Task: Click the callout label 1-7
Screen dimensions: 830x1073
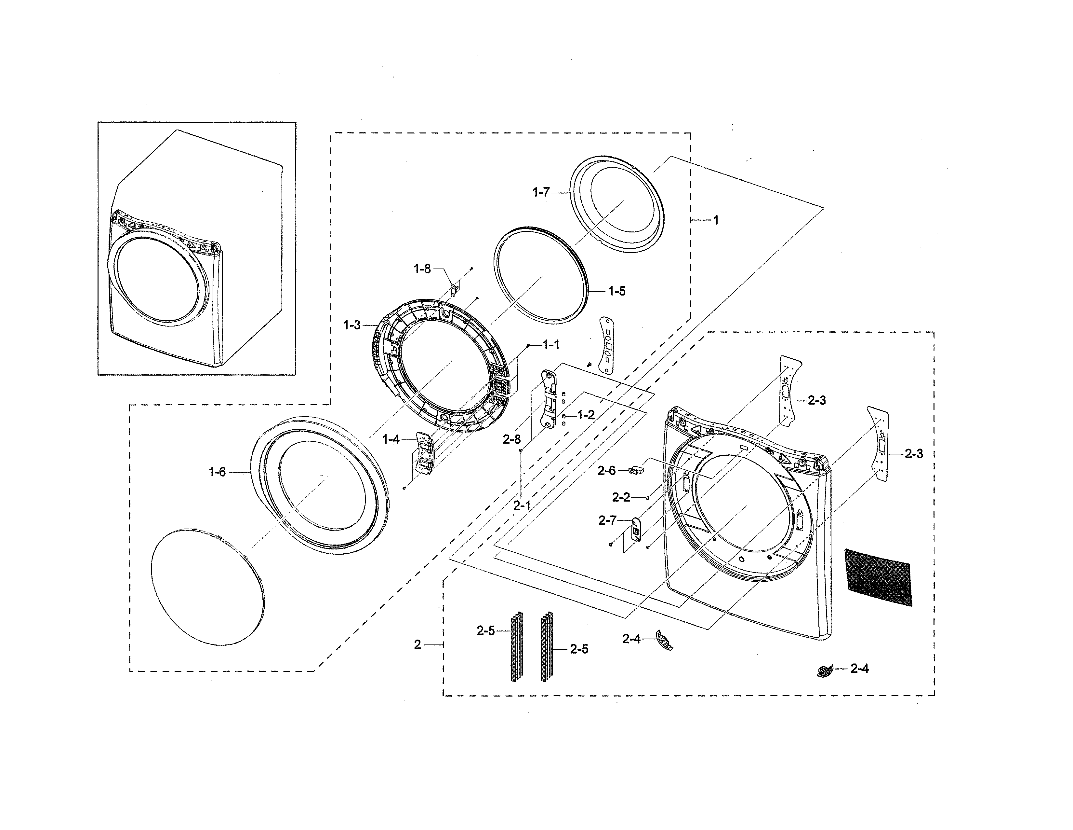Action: [x=541, y=193]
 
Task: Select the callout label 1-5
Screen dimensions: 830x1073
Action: [x=616, y=291]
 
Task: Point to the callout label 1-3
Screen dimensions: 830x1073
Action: [x=352, y=325]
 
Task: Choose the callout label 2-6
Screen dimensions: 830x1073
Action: [x=606, y=471]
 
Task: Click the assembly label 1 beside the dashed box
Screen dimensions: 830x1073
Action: [x=716, y=220]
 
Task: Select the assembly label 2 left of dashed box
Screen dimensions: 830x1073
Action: [x=417, y=644]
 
